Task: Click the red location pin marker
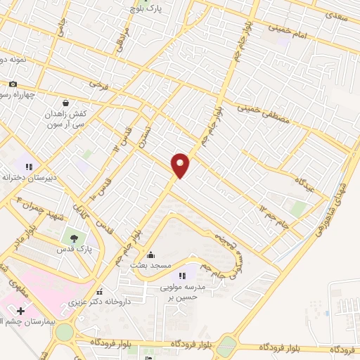(181, 165)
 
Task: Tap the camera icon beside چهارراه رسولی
(12, 84)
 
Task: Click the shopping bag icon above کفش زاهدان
(65, 103)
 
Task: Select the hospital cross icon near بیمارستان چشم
(21, 310)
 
